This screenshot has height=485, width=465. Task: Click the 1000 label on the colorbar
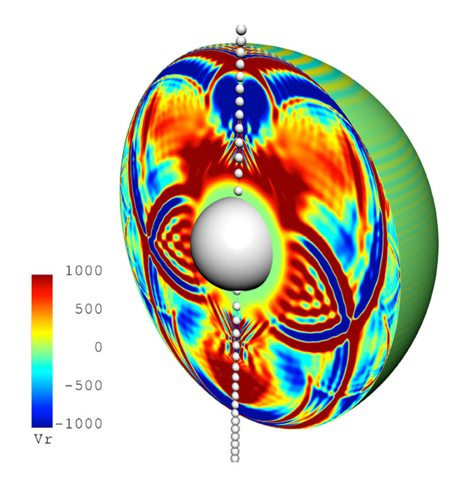[x=84, y=270]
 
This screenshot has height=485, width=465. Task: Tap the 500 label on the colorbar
[x=89, y=309]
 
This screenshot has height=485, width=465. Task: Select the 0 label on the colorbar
[x=98, y=347]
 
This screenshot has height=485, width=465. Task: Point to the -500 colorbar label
[x=84, y=386]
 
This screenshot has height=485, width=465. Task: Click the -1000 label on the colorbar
[x=79, y=423]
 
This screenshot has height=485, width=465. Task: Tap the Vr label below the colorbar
[x=43, y=439]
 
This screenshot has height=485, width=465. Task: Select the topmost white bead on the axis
[x=241, y=30]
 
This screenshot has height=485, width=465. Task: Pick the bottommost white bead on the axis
[x=235, y=458]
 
